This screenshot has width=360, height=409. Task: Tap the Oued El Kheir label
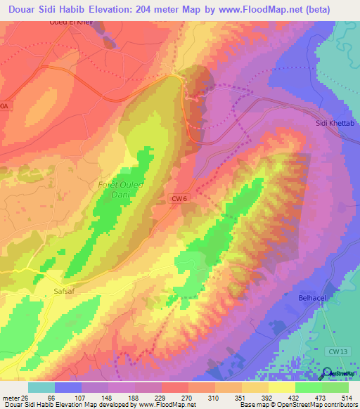71,21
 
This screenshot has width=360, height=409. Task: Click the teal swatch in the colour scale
41,387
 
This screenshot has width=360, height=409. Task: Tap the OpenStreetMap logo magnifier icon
328,372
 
